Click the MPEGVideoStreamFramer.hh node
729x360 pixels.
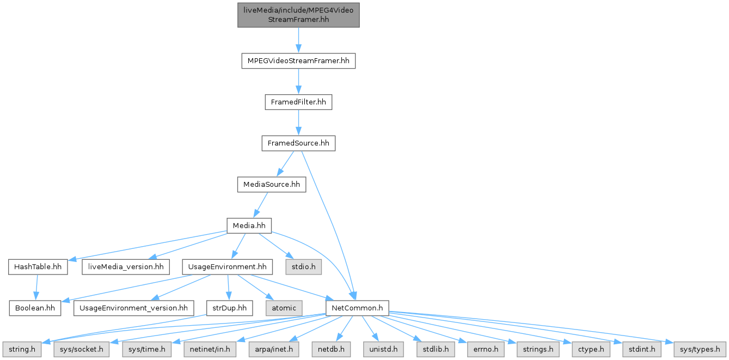click(x=298, y=60)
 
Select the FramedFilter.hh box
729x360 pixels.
click(x=298, y=102)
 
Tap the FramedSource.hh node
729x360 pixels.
click(x=298, y=143)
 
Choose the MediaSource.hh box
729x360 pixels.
click(x=271, y=185)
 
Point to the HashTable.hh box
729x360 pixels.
click(x=38, y=267)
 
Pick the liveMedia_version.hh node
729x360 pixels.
click(x=125, y=267)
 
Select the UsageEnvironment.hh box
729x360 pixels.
click(x=227, y=267)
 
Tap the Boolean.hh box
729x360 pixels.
click(x=35, y=308)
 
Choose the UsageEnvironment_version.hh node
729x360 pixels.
click(x=133, y=308)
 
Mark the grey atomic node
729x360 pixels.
click(x=283, y=308)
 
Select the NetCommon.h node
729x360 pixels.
click(x=357, y=308)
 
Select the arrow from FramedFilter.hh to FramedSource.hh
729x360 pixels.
click(x=298, y=123)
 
